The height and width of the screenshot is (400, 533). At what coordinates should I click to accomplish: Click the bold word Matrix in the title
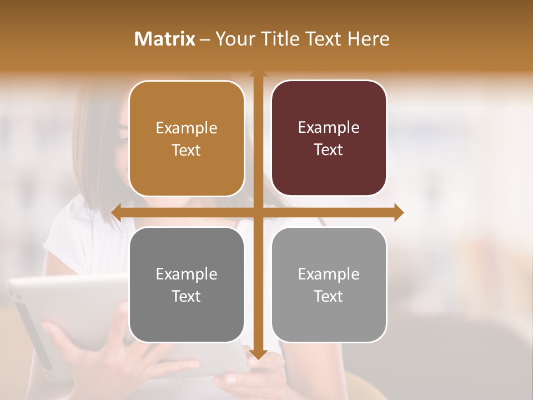[x=165, y=39]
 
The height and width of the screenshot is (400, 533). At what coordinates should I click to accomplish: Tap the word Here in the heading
[x=369, y=39]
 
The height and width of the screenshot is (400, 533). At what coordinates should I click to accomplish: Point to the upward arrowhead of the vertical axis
[x=258, y=73]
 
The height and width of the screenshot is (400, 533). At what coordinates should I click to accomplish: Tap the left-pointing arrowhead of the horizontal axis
[x=116, y=212]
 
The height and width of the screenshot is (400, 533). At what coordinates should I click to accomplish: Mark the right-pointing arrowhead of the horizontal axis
[x=399, y=212]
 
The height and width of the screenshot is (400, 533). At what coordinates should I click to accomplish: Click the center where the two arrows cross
[x=258, y=212]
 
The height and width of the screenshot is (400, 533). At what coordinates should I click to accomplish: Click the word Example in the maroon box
[x=329, y=127]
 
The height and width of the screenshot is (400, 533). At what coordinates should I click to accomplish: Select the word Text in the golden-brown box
[x=187, y=151]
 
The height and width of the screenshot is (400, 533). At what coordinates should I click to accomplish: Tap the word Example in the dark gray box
[x=187, y=274]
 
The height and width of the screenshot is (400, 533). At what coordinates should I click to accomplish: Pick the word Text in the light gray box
[x=329, y=297]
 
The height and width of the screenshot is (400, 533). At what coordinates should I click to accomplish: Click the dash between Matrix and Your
[x=205, y=39]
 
